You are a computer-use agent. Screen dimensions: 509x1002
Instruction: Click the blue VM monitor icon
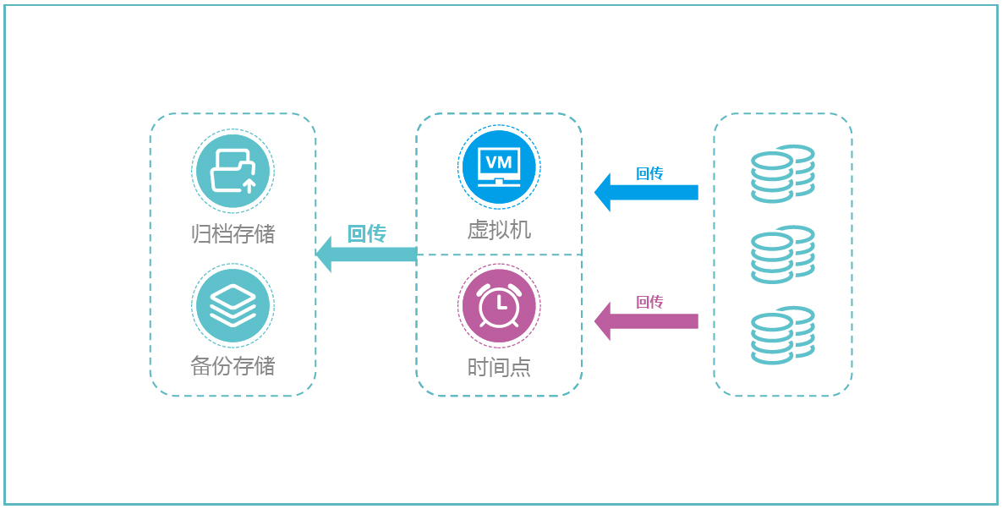[x=499, y=168]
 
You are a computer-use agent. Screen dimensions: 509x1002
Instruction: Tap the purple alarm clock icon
[x=499, y=305]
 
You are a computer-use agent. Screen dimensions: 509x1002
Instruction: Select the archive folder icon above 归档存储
[x=233, y=170]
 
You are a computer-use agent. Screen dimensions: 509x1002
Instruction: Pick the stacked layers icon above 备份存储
[x=233, y=305]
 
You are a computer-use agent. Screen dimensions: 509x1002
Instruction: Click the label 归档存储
[x=233, y=233]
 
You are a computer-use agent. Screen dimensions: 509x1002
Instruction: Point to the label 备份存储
[x=233, y=366]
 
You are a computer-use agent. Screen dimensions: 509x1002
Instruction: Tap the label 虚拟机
[x=499, y=230]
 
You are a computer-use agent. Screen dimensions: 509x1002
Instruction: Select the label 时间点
[x=499, y=367]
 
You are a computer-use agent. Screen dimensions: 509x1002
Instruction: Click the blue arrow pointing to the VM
[x=646, y=192]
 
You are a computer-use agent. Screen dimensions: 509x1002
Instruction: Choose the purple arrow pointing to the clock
[x=646, y=321]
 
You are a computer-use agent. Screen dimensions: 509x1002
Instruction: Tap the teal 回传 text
[x=367, y=233]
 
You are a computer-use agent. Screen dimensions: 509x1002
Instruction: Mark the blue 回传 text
[x=649, y=173]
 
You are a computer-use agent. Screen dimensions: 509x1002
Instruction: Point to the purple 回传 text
[x=649, y=302]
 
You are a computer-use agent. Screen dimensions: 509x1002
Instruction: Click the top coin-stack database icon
[x=783, y=173]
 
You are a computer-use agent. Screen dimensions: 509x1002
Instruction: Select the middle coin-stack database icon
[x=783, y=254]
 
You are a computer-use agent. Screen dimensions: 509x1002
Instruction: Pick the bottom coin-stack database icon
[x=783, y=336]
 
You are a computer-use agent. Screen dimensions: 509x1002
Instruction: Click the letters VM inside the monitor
[x=499, y=160]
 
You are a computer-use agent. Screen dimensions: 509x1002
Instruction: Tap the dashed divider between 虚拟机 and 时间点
[x=499, y=254]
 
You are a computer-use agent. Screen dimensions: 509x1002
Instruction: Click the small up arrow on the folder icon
[x=249, y=183]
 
